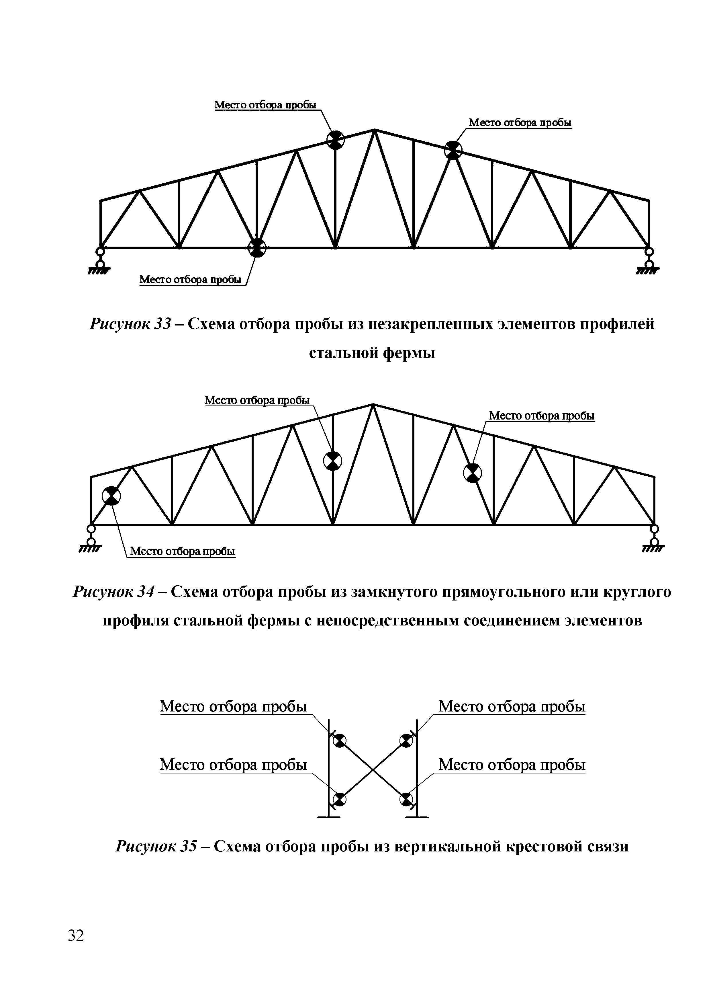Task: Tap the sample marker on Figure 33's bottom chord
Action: (257, 248)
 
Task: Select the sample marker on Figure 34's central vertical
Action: (333, 461)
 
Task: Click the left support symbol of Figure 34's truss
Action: (91, 539)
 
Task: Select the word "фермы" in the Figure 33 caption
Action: (409, 353)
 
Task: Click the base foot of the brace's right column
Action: (417, 817)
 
